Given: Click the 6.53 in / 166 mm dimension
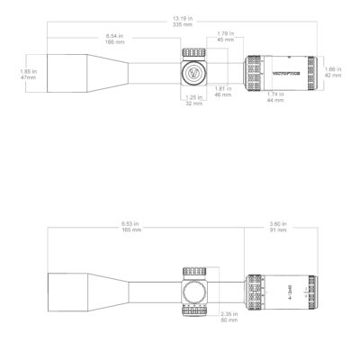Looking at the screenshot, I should coord(115,227).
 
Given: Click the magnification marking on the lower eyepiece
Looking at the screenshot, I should coord(290,289).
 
